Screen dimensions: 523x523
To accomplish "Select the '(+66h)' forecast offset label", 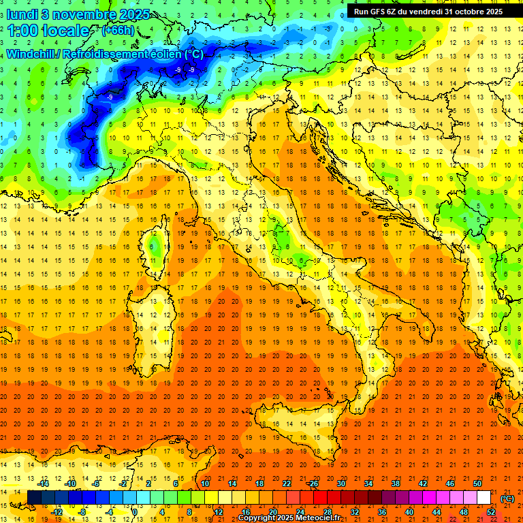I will coord(118,30).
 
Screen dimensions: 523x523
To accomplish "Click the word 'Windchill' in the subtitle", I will coord(31,54).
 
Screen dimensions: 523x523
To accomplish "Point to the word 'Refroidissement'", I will coord(116,54).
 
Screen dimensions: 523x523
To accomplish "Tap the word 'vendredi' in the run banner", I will coord(428,12).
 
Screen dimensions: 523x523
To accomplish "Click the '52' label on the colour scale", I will coord(491,511).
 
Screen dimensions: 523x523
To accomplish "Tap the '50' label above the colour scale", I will coord(477,484).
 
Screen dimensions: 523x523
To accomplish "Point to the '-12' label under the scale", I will coord(57,511).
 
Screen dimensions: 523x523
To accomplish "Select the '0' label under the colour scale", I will coord(135,511).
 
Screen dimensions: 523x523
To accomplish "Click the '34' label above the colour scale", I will coord(368,484).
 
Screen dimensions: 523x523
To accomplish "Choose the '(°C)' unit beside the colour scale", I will coord(507,498).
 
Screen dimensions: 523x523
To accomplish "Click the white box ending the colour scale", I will coord(484,498).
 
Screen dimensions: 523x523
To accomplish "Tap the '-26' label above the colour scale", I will coord(313,484).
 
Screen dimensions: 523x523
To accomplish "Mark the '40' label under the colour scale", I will coord(409,511).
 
